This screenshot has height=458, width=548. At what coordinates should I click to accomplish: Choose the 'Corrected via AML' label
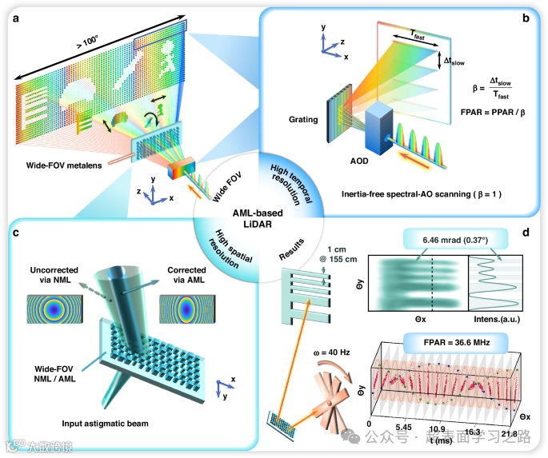[x=187, y=271]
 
